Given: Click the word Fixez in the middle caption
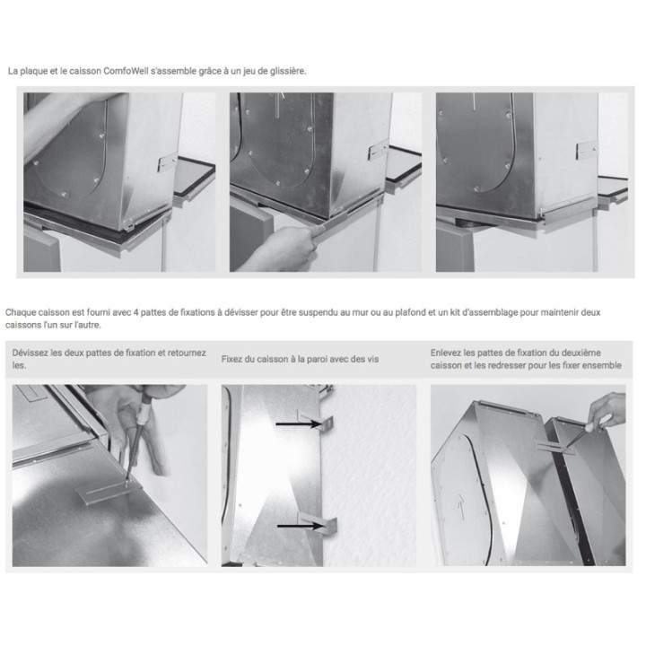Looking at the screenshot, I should pyautogui.click(x=232, y=359).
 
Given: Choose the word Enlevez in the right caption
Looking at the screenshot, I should pyautogui.click(x=448, y=353).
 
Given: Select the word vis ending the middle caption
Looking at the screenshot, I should pyautogui.click(x=373, y=359).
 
